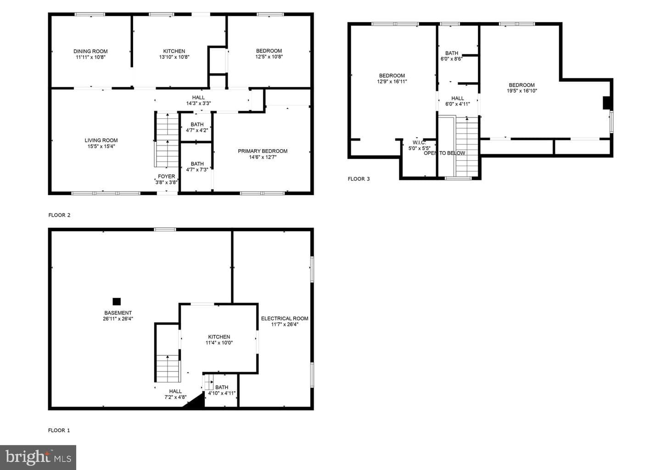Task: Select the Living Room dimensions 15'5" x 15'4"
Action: tap(101, 146)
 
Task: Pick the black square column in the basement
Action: tap(117, 302)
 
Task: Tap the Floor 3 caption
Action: tap(359, 179)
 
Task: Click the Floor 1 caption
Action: tap(59, 431)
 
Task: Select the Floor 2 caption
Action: tap(59, 215)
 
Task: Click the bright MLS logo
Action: tap(38, 457)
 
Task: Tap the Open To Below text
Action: tap(444, 153)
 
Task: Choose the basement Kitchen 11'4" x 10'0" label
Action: tap(219, 340)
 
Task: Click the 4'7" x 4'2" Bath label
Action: tap(197, 128)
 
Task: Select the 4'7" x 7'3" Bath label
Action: tap(197, 167)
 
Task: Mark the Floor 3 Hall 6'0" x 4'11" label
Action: tap(458, 101)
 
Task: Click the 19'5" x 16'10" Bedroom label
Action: tap(522, 88)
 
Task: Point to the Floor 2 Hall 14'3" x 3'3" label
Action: tap(198, 101)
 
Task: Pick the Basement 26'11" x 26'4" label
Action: tap(118, 316)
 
